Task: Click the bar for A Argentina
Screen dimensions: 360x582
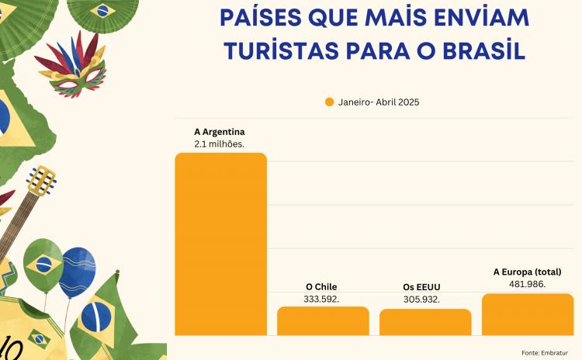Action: click(220, 244)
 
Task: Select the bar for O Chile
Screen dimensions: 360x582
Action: click(323, 320)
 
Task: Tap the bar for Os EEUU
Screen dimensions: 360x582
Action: click(425, 322)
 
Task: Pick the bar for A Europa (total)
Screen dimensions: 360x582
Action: click(528, 314)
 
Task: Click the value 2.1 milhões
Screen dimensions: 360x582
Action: click(220, 144)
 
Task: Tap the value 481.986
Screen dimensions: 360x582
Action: click(528, 284)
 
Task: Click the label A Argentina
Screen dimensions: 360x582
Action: click(220, 132)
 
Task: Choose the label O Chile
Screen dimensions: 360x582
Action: click(321, 286)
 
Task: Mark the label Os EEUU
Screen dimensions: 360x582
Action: click(422, 287)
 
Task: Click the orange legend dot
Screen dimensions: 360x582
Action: click(329, 102)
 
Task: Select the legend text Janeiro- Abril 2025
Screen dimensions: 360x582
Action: click(379, 102)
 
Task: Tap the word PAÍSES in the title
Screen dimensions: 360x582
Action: click(259, 16)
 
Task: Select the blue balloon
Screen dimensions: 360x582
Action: click(77, 272)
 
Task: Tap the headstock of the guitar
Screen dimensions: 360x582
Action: click(42, 182)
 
